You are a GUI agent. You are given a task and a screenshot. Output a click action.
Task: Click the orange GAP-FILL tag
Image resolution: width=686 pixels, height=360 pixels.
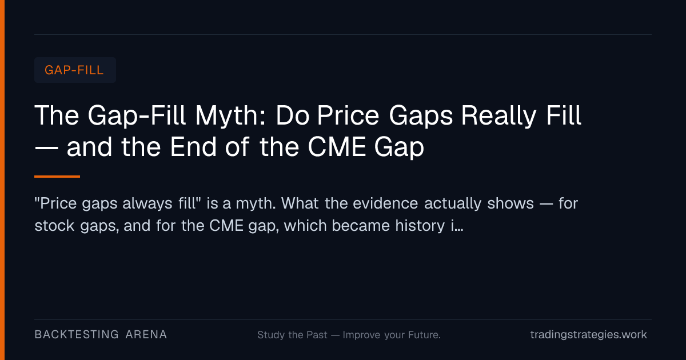tap(75, 70)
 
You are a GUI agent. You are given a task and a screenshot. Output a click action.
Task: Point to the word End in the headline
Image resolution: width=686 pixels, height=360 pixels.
tap(193, 147)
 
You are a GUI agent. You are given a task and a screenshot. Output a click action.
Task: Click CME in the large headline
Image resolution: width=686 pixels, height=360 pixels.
tap(337, 147)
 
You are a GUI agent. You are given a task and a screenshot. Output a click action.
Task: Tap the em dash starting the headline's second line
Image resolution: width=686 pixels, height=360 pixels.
tap(46, 148)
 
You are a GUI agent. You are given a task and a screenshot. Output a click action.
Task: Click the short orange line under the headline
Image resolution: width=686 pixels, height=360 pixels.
tap(57, 177)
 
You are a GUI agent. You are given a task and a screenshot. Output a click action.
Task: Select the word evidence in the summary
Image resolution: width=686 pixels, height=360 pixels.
tap(385, 203)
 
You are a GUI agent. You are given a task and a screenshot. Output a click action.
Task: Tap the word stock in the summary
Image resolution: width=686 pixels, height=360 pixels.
tap(54, 226)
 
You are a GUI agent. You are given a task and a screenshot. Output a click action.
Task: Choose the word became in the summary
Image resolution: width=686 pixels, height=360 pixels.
tap(361, 226)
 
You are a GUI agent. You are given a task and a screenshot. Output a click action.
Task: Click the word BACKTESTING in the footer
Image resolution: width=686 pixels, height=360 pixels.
tap(77, 335)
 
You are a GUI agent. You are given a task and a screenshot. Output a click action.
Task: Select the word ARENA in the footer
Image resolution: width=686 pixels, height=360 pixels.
tap(146, 335)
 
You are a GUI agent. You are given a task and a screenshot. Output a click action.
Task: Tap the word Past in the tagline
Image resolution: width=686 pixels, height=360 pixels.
tap(317, 335)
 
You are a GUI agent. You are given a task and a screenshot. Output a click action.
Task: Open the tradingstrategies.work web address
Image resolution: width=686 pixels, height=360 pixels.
tap(589, 335)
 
